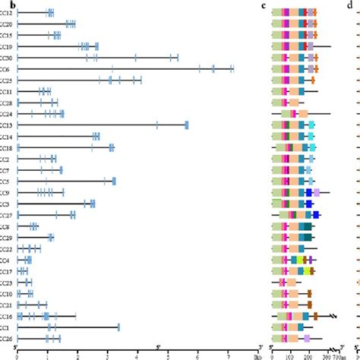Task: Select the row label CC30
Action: tap(5, 58)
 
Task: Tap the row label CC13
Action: tap(5, 125)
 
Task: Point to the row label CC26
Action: tap(5, 339)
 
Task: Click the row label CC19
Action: tap(5, 46)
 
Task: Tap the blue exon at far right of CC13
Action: tap(187, 125)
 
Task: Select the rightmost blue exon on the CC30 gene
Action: tap(177, 58)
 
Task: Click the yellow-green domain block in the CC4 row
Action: tap(301, 260)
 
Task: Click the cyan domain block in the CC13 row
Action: tap(311, 125)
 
